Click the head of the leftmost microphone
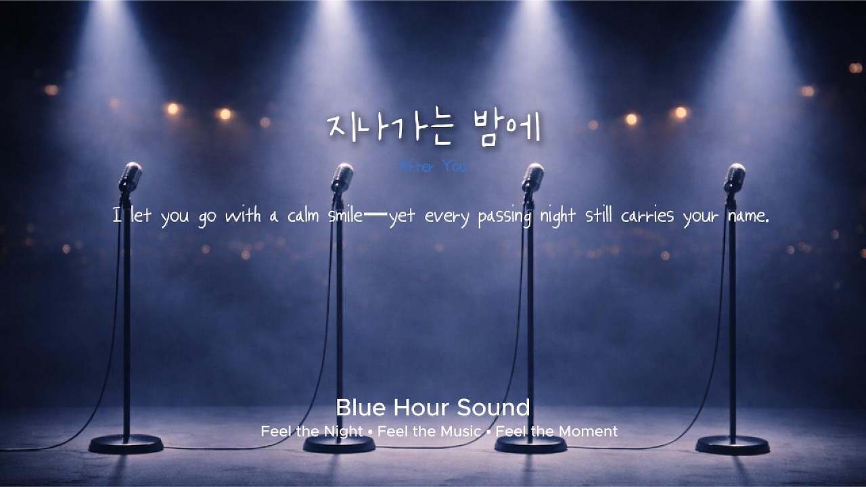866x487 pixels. tap(130, 177)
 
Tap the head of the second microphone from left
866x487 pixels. tap(342, 177)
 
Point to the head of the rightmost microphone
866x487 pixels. tap(734, 177)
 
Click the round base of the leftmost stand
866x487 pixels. tap(126, 444)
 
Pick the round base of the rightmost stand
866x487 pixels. tap(732, 444)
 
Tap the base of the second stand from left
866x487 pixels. tap(339, 444)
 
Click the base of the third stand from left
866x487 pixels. tap(530, 444)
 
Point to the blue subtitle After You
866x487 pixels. tap(433, 166)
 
